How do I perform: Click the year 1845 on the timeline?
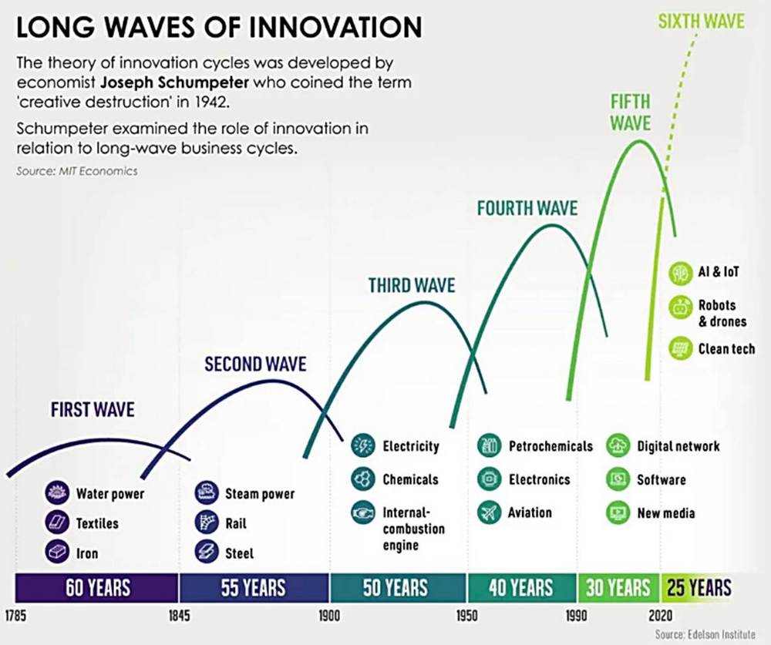click(x=179, y=616)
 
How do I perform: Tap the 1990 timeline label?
click(x=576, y=616)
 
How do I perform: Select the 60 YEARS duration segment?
click(x=97, y=587)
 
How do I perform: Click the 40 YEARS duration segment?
click(x=522, y=587)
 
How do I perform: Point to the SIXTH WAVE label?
click(x=701, y=22)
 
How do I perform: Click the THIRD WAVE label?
click(x=412, y=285)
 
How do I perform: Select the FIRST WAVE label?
click(x=93, y=409)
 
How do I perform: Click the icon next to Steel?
click(x=207, y=552)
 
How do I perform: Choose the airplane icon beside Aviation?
click(x=490, y=512)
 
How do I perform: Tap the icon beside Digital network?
click(x=618, y=446)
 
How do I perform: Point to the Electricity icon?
click(x=363, y=445)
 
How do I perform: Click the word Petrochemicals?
click(x=550, y=446)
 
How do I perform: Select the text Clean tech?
click(x=726, y=348)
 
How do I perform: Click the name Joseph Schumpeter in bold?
click(x=174, y=82)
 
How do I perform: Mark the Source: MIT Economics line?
click(x=76, y=171)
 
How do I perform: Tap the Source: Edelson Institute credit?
click(x=705, y=634)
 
